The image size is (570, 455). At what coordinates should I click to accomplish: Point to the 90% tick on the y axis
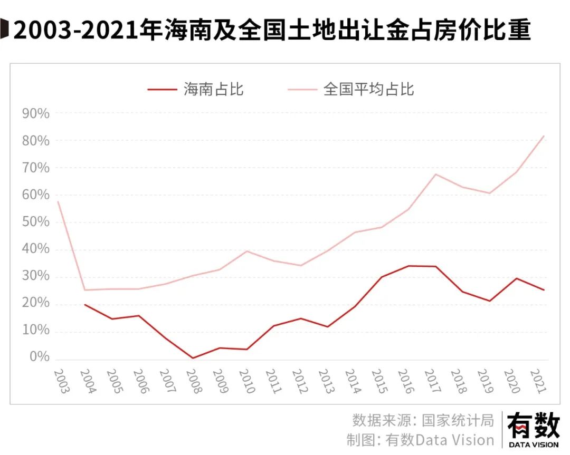(x=35, y=114)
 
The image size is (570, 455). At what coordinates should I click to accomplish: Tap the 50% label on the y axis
(x=35, y=222)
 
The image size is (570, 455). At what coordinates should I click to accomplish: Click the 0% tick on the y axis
(x=39, y=358)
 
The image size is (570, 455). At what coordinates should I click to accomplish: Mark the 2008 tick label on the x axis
(x=193, y=381)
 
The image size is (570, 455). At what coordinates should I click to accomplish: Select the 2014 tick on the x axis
(x=351, y=381)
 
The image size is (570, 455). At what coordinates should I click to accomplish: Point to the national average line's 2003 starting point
(x=58, y=202)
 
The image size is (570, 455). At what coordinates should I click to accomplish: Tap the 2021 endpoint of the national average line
(x=544, y=136)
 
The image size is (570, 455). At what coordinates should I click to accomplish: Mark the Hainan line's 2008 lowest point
(x=193, y=358)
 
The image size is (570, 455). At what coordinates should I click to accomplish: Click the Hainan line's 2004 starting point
(x=84, y=305)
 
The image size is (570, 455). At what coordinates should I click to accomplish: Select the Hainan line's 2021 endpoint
(x=544, y=290)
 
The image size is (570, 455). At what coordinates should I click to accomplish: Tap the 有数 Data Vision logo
(x=533, y=430)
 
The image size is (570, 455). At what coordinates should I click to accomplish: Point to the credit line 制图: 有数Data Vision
(x=420, y=440)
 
